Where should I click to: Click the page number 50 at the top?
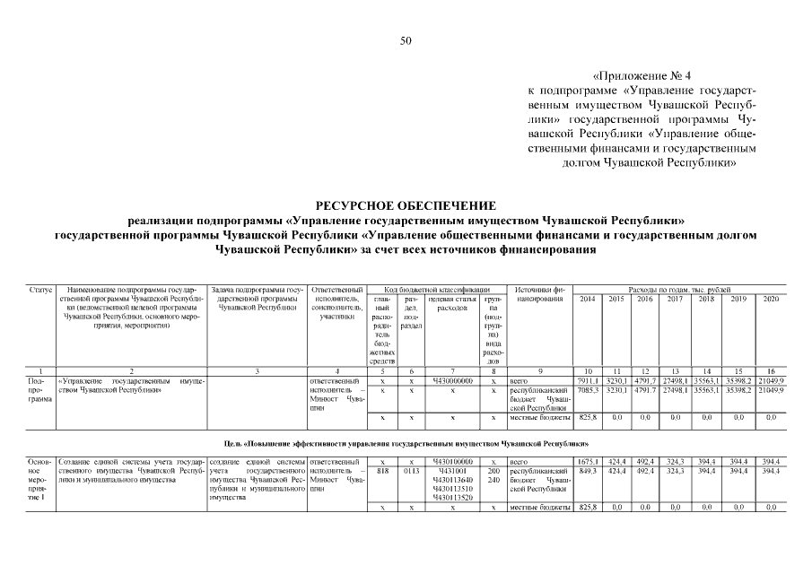406,40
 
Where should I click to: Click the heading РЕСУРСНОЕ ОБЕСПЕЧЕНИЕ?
406,205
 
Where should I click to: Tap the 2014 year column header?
589,299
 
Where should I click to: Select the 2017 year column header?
676,299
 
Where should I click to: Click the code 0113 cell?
411,470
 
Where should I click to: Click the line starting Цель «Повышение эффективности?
406,444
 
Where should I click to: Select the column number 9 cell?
539,371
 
